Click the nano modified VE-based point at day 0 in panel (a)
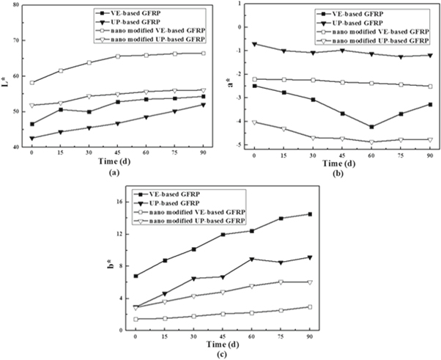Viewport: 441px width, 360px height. [31, 82]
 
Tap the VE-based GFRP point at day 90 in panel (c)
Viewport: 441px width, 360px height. [310, 214]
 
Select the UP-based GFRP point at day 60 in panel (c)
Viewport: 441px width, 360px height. [251, 259]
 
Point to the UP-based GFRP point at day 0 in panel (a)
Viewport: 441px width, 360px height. [31, 138]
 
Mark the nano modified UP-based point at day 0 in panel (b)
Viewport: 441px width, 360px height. [254, 122]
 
